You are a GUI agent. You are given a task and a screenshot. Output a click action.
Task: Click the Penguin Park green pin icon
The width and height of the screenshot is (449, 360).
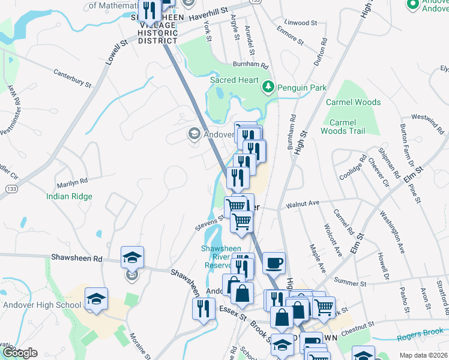click(x=268, y=88)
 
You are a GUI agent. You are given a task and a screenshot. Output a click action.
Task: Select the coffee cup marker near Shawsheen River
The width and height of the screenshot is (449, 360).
click(x=273, y=262)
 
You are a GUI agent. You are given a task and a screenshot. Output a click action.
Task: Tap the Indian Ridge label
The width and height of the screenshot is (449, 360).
click(x=70, y=196)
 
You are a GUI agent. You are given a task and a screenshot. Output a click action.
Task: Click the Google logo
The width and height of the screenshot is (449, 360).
click(x=20, y=352)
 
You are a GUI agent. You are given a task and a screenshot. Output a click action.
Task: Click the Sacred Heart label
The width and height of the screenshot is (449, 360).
click(x=234, y=80)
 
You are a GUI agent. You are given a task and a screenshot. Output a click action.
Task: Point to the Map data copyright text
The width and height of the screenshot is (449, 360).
click(x=423, y=355)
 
